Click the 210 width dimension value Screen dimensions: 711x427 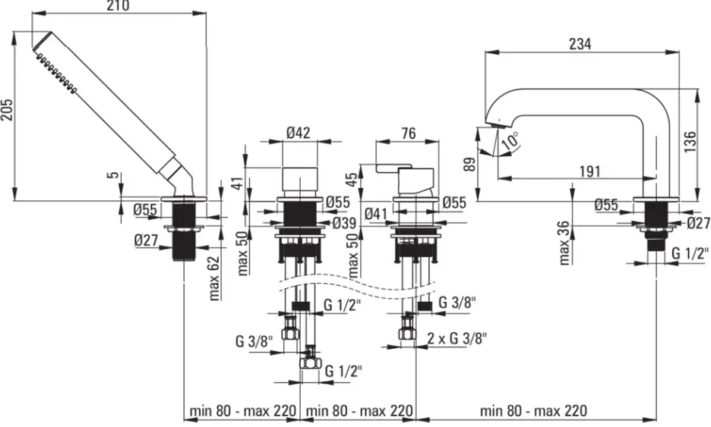(x=118, y=5)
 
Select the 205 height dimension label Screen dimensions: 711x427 (x=8, y=109)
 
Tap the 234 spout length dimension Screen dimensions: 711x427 (x=580, y=44)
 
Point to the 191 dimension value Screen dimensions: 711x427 (x=590, y=171)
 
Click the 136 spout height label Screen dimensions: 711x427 (x=689, y=141)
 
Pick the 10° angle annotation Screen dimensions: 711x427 (x=510, y=141)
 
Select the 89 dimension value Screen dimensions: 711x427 (x=471, y=164)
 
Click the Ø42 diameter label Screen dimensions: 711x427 (x=299, y=133)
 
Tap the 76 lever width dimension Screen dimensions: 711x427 (x=409, y=133)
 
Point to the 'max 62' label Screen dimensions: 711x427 (x=214, y=278)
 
